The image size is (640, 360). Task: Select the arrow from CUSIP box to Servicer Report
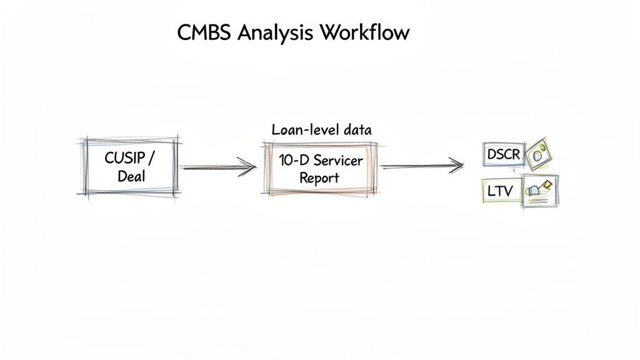pos(218,167)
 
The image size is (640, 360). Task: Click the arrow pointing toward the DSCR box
pos(422,166)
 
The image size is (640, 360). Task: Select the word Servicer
pos(337,161)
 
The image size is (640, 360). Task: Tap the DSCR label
pos(502,154)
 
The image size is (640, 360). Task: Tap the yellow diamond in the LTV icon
pos(548,184)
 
